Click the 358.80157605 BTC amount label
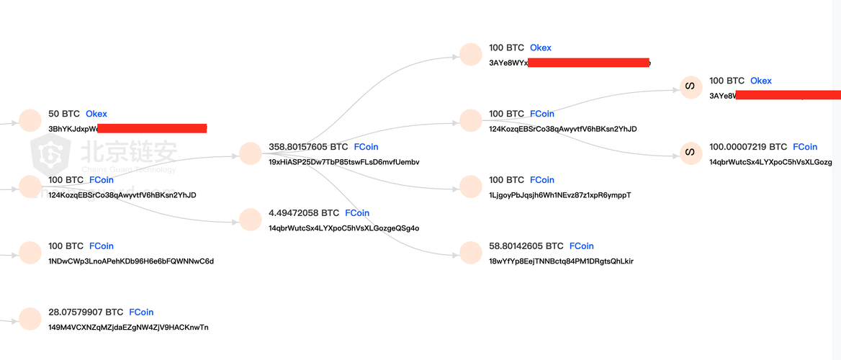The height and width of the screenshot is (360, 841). [307, 147]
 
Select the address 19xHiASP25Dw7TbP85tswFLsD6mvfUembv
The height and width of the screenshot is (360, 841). [343, 162]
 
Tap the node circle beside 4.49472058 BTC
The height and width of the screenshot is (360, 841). [251, 220]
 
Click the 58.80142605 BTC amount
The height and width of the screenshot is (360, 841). [526, 246]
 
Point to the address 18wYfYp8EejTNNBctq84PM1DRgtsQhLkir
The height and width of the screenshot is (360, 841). [561, 261]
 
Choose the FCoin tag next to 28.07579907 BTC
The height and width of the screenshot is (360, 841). [141, 312]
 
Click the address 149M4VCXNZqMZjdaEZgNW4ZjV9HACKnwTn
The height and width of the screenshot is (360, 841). [128, 328]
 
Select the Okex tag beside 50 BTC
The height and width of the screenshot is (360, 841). [96, 114]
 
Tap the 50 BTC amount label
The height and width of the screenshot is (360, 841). [64, 114]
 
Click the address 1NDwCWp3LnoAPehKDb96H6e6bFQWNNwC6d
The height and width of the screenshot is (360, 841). [131, 261]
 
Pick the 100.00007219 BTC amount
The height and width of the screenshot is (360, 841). [748, 147]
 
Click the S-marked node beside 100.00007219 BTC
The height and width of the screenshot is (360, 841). [690, 153]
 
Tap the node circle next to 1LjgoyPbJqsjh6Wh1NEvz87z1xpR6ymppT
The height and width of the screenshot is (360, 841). [470, 186]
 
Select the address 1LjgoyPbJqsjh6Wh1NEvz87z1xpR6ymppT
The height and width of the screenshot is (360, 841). [559, 195]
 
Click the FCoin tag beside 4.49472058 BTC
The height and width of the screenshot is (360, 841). [357, 213]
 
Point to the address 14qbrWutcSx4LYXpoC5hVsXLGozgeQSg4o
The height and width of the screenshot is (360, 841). [343, 228]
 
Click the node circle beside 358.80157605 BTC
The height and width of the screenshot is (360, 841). [251, 153]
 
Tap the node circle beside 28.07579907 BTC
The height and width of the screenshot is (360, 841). [30, 319]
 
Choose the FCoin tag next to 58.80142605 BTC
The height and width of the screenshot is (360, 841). [582, 246]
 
